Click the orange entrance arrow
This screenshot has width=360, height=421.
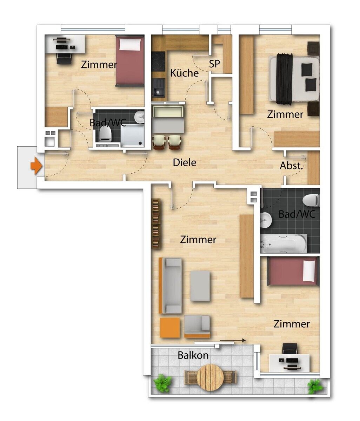click(36, 166)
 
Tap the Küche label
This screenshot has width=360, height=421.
click(184, 73)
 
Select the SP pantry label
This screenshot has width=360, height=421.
click(214, 64)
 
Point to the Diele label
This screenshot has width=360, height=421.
click(184, 162)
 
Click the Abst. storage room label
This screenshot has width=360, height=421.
click(291, 166)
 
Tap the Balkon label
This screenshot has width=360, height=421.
click(193, 355)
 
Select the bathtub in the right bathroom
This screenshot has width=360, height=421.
click(284, 244)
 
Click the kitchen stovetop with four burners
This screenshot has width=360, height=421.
click(158, 61)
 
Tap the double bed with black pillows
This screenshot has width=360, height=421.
click(294, 79)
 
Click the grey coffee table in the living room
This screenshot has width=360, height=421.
click(200, 286)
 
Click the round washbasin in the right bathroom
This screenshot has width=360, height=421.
click(266, 220)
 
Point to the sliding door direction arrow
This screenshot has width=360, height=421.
click(233, 340)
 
